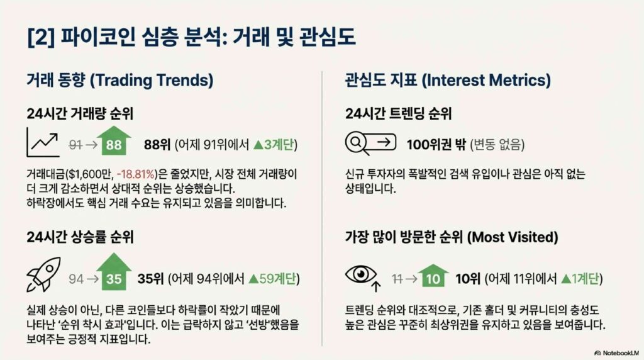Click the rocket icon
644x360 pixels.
43,274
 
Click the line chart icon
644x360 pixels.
43,142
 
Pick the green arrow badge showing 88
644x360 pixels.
114,140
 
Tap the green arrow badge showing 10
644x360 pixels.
433,275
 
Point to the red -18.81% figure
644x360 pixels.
136,174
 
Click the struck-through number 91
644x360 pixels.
75,145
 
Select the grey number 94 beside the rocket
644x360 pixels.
76,279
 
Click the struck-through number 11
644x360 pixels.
397,279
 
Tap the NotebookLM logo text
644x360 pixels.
617,353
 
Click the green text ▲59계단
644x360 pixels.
272,279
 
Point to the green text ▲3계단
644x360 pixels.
274,144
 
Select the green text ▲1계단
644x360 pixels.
580,279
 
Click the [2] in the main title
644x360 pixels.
41,37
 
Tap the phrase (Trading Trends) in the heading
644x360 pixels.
152,80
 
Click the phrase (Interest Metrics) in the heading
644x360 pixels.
486,80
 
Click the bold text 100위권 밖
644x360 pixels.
436,144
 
